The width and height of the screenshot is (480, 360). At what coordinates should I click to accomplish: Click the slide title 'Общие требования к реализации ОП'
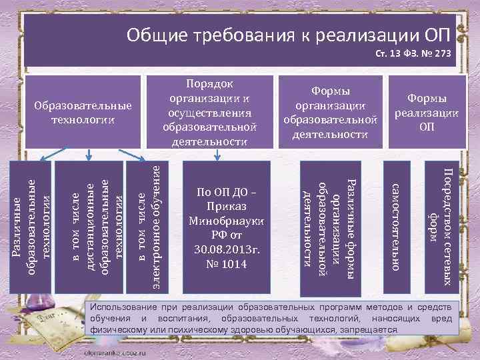[x=288, y=34]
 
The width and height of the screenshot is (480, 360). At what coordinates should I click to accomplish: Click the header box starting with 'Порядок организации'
[x=209, y=111]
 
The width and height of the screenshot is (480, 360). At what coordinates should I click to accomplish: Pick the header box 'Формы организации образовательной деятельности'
[x=331, y=112]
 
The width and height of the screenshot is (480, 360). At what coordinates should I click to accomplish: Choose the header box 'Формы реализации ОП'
[x=427, y=112]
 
